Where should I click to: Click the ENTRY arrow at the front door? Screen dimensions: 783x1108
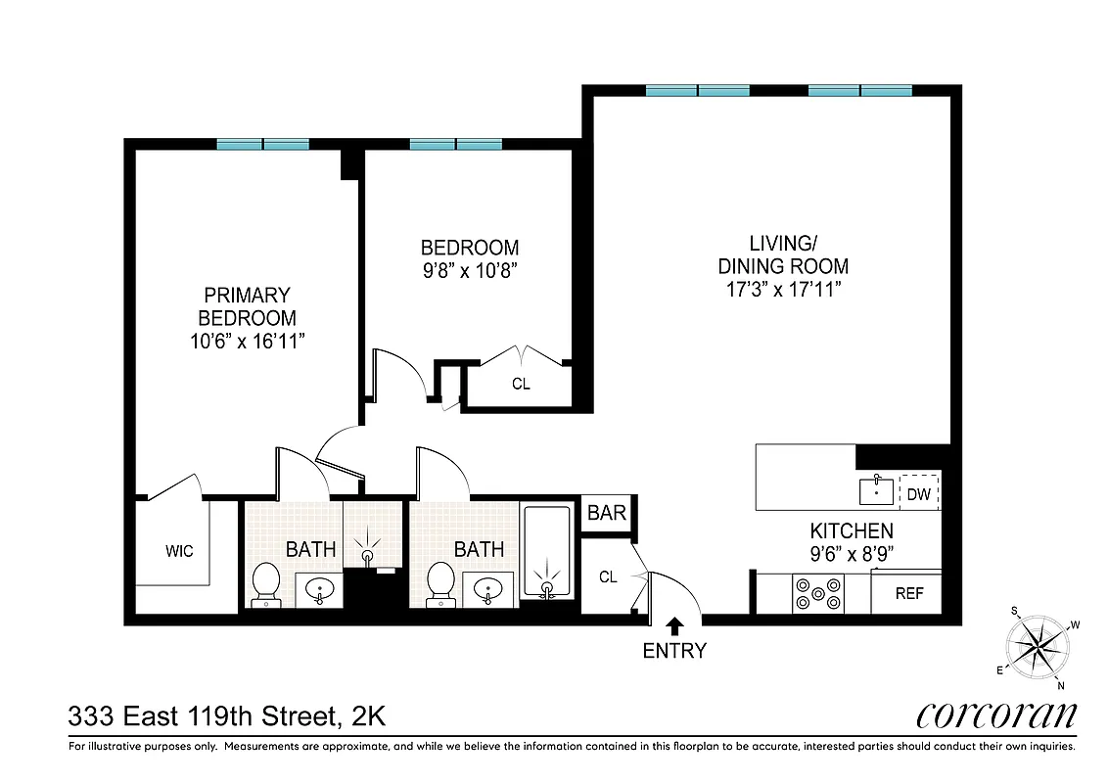tap(674, 623)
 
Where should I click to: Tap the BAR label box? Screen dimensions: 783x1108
tap(606, 514)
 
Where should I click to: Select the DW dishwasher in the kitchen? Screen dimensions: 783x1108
tap(918, 493)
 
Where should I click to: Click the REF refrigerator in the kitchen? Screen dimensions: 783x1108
tap(908, 593)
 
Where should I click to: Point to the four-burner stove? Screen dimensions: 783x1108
tap(818, 594)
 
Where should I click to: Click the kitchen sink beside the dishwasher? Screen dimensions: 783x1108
tap(876, 488)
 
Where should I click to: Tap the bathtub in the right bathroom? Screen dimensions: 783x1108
tap(545, 552)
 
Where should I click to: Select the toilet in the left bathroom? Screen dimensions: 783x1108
tap(265, 584)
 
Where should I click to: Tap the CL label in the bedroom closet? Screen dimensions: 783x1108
tap(521, 385)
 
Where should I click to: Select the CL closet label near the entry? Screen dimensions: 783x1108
tap(608, 577)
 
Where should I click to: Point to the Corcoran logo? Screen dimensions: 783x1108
tap(996, 715)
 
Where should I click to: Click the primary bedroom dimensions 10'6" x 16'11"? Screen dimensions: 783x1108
tap(247, 342)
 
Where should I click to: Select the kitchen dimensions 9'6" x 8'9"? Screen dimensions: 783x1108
tap(851, 554)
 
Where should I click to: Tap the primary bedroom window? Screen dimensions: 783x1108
tap(262, 145)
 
